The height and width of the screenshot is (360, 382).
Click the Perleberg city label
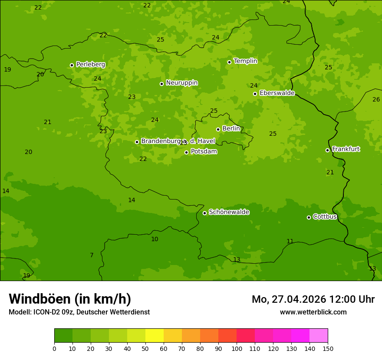pyautogui.click(x=90, y=65)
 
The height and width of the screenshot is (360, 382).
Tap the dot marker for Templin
pyautogui.click(x=229, y=62)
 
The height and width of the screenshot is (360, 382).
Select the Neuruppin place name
pyautogui.click(x=181, y=83)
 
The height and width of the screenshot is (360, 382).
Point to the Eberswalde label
pyautogui.click(x=277, y=93)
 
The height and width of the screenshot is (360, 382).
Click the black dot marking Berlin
pyautogui.click(x=218, y=129)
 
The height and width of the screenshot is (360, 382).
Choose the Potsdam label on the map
pyautogui.click(x=204, y=152)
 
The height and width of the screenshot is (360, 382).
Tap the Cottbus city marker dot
pyautogui.click(x=309, y=217)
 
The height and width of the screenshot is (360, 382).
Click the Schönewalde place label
pyautogui.click(x=229, y=212)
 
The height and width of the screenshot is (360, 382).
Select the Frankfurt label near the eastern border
pyautogui.click(x=346, y=149)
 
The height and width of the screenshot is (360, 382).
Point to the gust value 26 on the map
pyautogui.click(x=376, y=100)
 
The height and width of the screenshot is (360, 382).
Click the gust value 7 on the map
pyautogui.click(x=92, y=255)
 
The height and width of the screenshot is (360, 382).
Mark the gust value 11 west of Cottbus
pyautogui.click(x=290, y=242)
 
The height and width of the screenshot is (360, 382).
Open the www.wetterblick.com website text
pyautogui.click(x=313, y=312)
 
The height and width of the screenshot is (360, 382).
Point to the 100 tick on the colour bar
pyautogui.click(x=237, y=348)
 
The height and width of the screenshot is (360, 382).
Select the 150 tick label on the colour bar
pyautogui.click(x=328, y=348)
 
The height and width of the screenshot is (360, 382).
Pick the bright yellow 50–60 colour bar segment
pyautogui.click(x=155, y=336)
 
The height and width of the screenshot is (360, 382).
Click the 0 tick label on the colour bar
pyautogui.click(x=54, y=348)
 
